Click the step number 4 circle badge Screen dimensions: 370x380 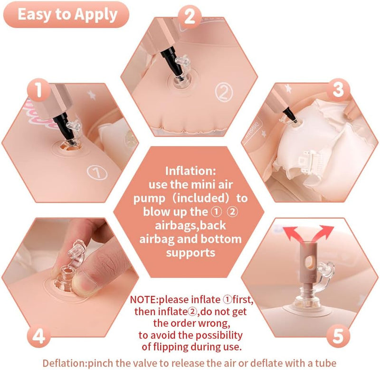click(x=39, y=336)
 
